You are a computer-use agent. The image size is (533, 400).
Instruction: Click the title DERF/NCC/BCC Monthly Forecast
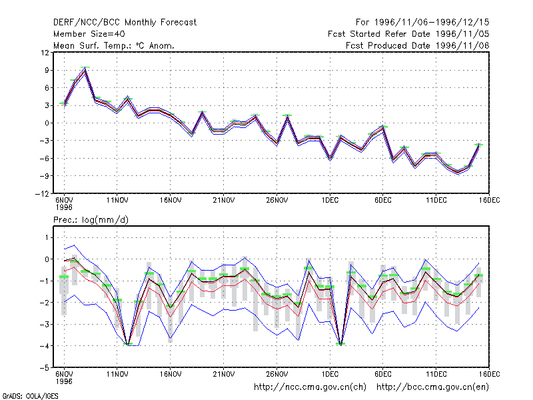125,23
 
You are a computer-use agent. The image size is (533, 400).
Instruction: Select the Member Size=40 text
89,34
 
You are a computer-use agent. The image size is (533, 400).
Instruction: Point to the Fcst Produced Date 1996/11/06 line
417,45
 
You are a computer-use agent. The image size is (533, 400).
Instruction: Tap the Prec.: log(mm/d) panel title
91,220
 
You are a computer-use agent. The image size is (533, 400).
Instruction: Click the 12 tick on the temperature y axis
45,53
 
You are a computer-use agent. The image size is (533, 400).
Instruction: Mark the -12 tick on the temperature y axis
42,194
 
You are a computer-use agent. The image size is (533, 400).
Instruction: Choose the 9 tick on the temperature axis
47,71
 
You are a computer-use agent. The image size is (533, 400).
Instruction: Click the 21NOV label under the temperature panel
224,200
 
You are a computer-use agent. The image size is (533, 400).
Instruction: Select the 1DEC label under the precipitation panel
330,374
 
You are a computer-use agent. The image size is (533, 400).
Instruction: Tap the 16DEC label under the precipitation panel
489,374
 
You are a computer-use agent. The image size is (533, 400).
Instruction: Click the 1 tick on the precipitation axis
47,237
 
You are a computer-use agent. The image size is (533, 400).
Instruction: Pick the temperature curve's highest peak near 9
85,69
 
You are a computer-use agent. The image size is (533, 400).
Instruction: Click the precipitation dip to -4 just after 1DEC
340,344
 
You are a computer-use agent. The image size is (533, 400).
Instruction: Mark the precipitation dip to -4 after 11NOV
128,344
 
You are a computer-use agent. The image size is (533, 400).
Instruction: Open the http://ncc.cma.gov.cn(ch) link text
310,387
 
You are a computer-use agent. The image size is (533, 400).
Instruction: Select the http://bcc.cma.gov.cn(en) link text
432,387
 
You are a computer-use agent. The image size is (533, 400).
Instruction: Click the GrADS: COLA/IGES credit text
30,396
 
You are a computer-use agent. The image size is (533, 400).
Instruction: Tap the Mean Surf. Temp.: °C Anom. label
113,45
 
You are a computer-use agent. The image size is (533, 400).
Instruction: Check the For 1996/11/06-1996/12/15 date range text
422,23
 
